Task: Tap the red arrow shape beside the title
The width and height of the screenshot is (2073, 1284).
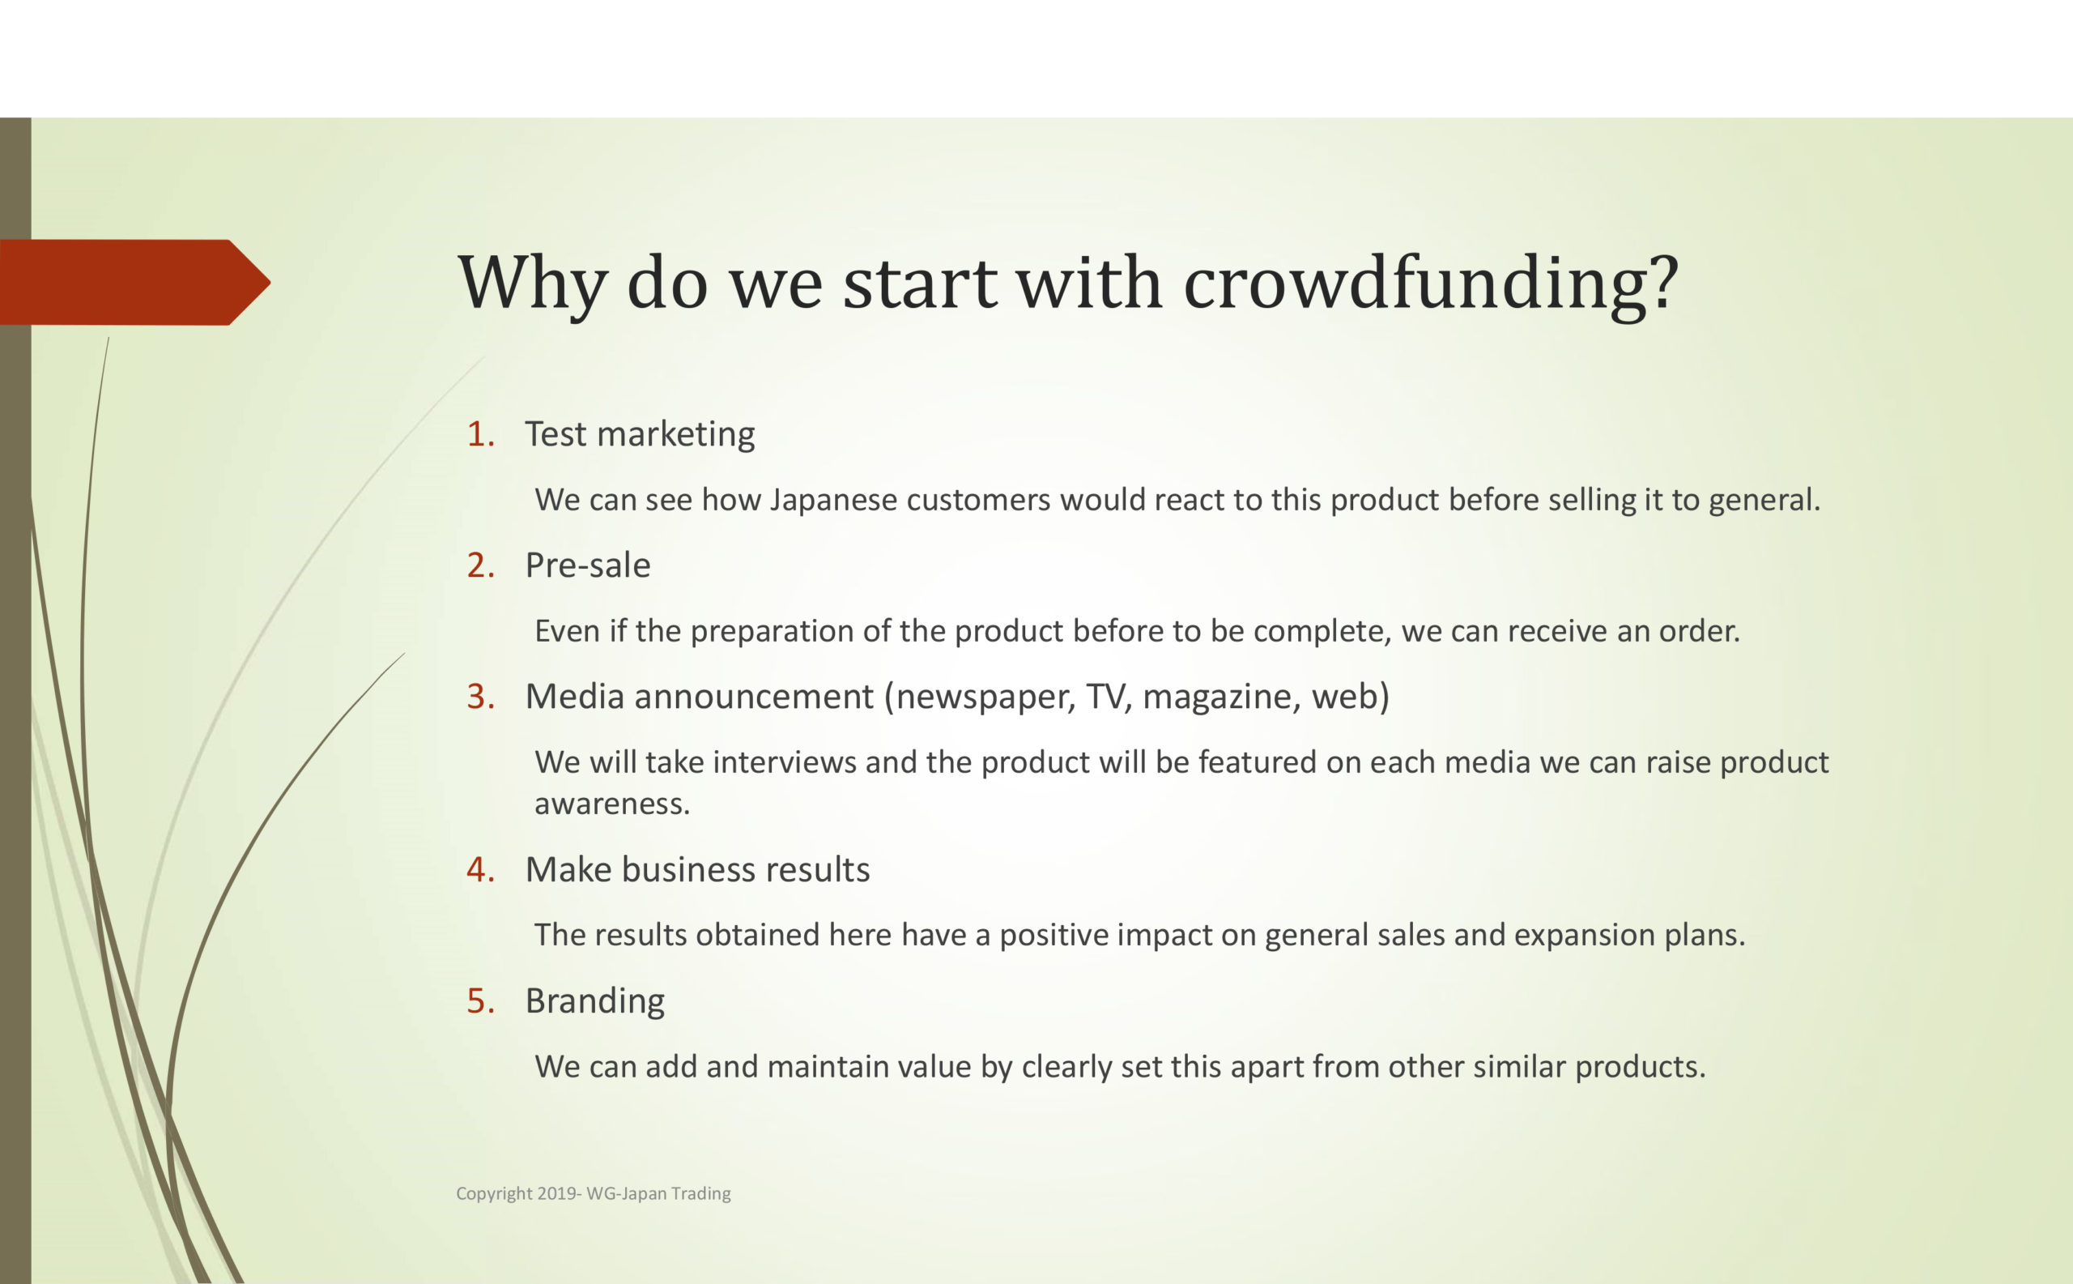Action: [x=135, y=282]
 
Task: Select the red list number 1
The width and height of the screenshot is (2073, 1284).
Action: [x=480, y=434]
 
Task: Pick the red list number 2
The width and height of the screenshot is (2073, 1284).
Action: [x=480, y=565]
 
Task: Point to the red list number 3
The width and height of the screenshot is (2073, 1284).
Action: [x=480, y=697]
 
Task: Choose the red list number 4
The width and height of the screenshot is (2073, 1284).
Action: [x=480, y=869]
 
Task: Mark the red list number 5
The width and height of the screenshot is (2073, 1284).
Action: [x=480, y=1000]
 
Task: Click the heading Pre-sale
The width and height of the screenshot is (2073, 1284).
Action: [x=587, y=565]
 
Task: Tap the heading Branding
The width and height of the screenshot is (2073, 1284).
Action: [x=594, y=1001]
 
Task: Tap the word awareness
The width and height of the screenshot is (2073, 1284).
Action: [x=612, y=804]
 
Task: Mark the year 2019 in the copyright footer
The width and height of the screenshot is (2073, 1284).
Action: [x=556, y=1193]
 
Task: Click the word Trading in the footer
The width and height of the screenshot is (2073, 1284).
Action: [x=700, y=1194]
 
